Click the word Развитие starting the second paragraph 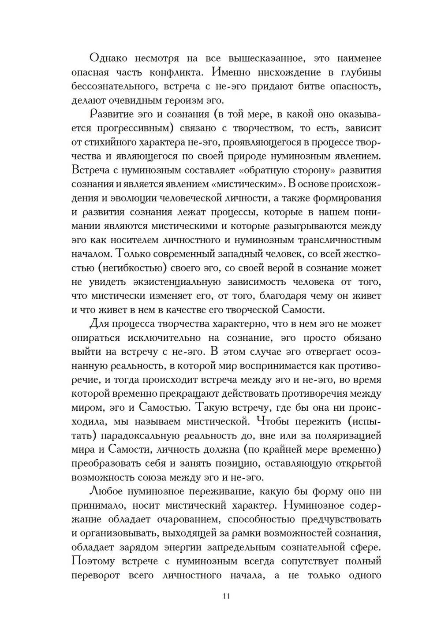(x=112, y=114)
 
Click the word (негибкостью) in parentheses (x=128, y=268)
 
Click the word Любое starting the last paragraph (x=108, y=491)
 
